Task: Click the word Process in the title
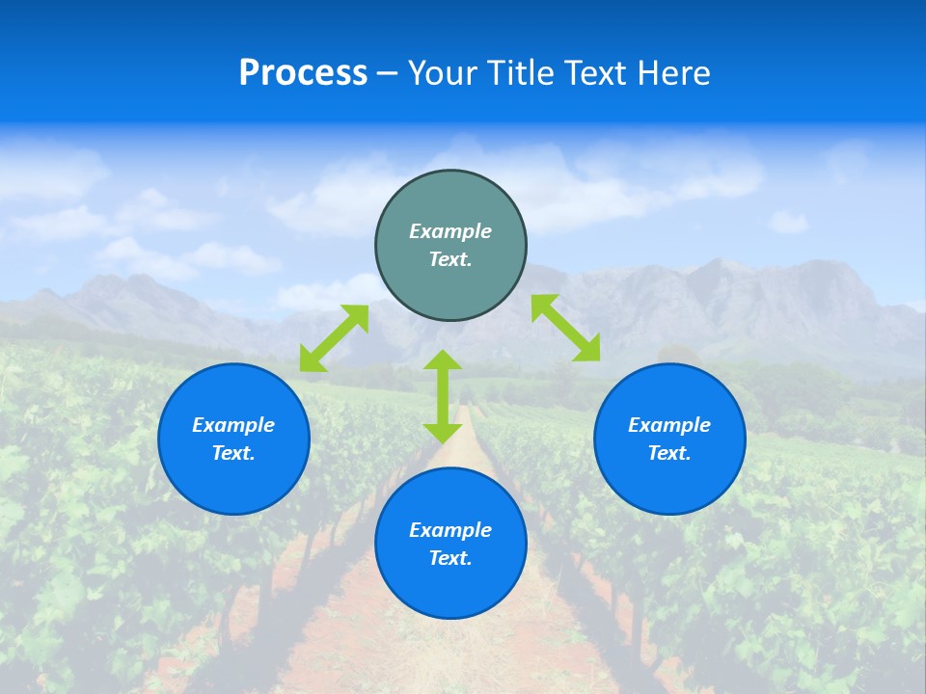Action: [x=303, y=73]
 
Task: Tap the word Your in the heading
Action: [x=444, y=73]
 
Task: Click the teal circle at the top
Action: [x=450, y=289]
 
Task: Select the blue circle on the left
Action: [x=233, y=482]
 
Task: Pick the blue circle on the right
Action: [x=669, y=482]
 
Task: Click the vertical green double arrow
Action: [x=443, y=396]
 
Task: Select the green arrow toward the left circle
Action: [x=334, y=338]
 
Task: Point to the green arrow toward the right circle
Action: [x=565, y=328]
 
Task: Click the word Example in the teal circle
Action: [x=450, y=231]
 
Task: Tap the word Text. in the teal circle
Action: [x=450, y=259]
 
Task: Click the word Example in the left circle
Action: [x=233, y=425]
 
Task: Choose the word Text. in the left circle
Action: [x=233, y=453]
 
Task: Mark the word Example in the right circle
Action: [x=669, y=425]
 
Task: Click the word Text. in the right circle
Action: [x=669, y=453]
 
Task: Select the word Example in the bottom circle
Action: [x=450, y=530]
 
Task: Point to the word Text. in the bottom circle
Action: [x=450, y=558]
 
